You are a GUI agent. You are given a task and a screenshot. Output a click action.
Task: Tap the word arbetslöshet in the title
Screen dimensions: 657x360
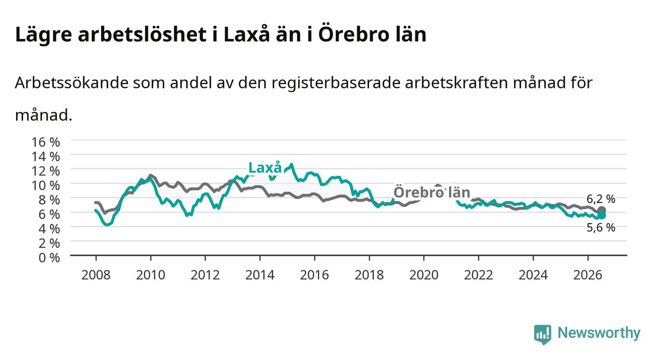[142, 35]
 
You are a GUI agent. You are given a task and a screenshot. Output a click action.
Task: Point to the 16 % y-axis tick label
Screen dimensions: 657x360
[46, 142]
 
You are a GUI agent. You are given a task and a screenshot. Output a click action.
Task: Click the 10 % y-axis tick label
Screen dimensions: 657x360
[46, 185]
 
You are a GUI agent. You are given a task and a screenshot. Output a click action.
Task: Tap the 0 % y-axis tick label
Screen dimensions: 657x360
[49, 257]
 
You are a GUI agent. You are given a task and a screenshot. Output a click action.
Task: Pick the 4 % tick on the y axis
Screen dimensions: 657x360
[49, 229]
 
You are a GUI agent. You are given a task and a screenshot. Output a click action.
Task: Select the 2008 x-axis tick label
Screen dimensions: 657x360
[96, 275]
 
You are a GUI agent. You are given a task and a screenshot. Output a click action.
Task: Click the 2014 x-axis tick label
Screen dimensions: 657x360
[260, 275]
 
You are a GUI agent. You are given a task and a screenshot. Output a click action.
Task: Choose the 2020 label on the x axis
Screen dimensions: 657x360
[424, 275]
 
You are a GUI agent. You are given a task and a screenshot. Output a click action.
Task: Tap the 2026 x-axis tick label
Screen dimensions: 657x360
[588, 275]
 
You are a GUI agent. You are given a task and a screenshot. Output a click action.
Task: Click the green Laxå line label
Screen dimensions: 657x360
[265, 168]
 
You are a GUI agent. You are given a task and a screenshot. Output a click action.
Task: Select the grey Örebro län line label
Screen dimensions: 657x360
[432, 192]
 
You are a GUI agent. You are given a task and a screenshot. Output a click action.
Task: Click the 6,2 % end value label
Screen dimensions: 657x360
[601, 199]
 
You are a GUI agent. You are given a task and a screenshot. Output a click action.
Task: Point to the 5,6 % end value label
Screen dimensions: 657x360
[601, 228]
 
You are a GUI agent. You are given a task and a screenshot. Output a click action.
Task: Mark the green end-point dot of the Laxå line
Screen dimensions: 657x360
[602, 215]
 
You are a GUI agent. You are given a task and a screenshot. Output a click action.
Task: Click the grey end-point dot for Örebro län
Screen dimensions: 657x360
[602, 210]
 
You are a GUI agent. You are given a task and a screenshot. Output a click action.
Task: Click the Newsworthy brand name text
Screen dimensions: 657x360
[599, 333]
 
